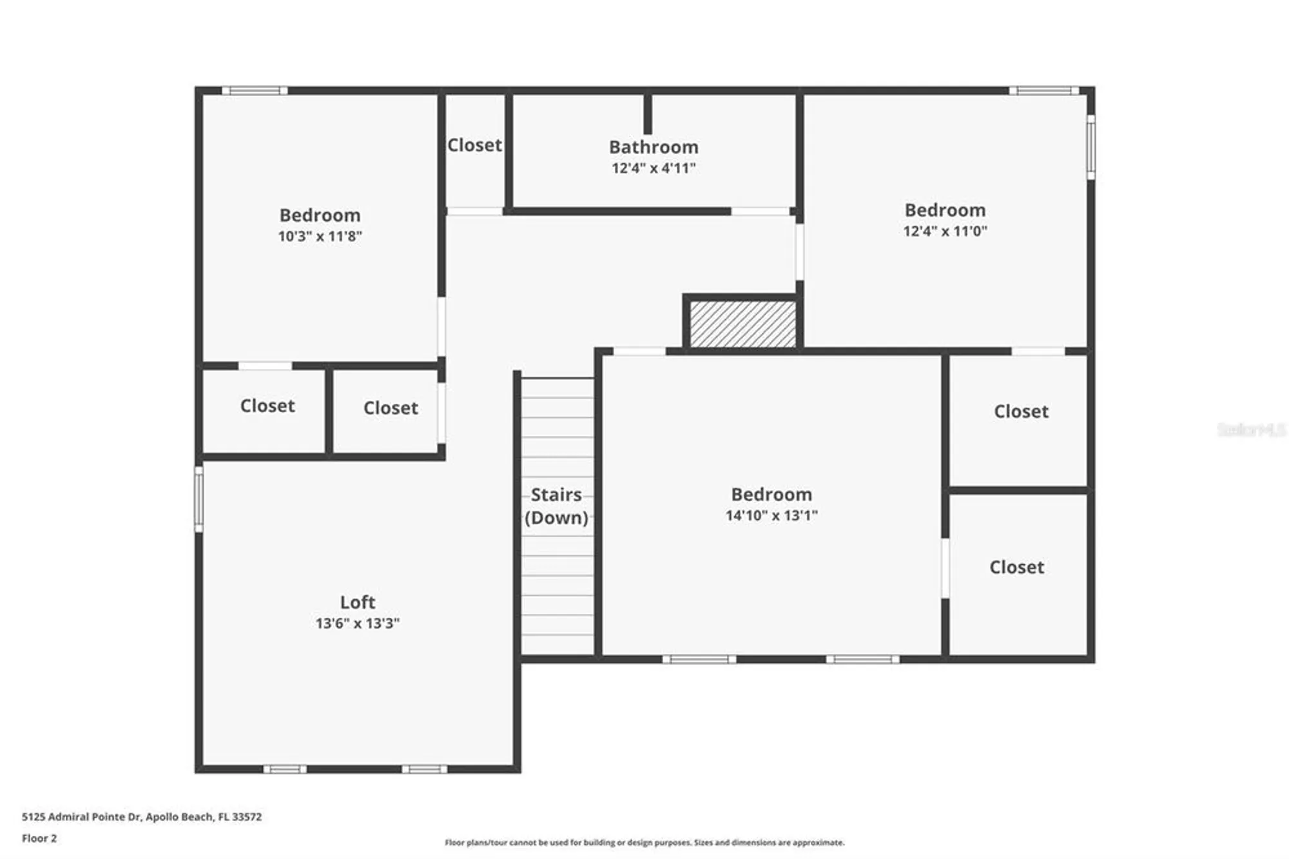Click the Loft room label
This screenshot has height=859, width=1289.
pos(357,602)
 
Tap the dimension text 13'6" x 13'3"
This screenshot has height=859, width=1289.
pos(357,623)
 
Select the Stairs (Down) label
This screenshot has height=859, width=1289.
pos(556,506)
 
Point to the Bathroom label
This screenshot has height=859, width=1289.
pos(654,147)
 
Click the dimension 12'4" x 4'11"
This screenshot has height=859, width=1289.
pos(654,168)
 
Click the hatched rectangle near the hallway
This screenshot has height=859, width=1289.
pos(742,324)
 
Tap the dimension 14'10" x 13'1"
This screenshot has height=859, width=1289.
pos(771,515)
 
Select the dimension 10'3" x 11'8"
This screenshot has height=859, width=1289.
pos(320,236)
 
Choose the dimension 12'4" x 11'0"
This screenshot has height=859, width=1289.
pos(945,231)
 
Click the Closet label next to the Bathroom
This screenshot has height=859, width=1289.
pos(474,145)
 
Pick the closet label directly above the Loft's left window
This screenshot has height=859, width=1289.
pos(267,406)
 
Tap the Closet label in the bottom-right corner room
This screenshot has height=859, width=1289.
pos(1016,567)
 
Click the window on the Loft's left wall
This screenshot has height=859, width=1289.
pos(199,499)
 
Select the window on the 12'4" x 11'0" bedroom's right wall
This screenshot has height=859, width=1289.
pos(1090,147)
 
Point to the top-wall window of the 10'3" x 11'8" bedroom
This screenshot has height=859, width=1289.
pos(255,91)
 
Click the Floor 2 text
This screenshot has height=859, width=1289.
pos(39,838)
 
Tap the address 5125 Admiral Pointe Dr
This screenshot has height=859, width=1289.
pos(142,816)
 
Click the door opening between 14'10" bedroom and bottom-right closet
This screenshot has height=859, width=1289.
pos(945,568)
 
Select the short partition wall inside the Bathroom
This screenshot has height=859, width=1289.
pos(648,114)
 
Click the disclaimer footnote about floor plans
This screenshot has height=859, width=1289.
pos(644,842)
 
